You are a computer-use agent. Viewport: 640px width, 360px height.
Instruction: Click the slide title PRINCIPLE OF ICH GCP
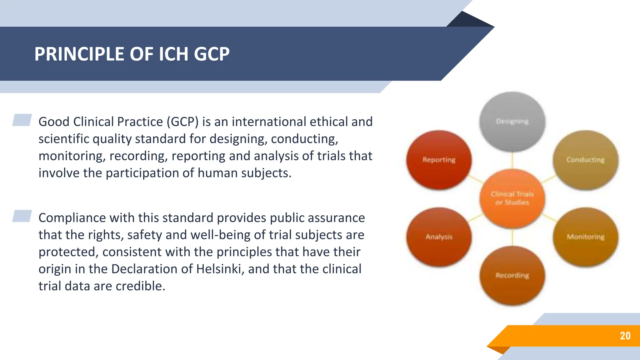(x=132, y=54)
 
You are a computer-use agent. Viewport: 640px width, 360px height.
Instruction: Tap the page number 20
(x=625, y=336)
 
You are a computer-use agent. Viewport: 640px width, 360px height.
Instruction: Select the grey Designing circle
(x=512, y=122)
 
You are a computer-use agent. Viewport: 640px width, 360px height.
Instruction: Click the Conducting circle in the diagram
(x=585, y=160)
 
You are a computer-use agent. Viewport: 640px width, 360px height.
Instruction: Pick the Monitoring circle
(x=585, y=237)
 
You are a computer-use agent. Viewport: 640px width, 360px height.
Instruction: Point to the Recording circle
(x=512, y=275)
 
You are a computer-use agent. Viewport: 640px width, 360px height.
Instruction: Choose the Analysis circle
(x=439, y=237)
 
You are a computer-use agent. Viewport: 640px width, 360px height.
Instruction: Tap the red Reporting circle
(x=439, y=160)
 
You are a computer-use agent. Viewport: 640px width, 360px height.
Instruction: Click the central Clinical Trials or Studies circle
(x=512, y=198)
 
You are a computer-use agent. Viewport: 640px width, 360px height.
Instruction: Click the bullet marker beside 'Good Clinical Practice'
(x=22, y=120)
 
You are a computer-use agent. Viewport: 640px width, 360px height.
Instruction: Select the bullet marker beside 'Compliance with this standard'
(x=22, y=216)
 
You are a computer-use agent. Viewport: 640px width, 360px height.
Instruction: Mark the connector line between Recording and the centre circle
(x=512, y=237)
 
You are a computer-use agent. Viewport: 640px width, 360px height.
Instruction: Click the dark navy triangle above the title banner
(x=469, y=20)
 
